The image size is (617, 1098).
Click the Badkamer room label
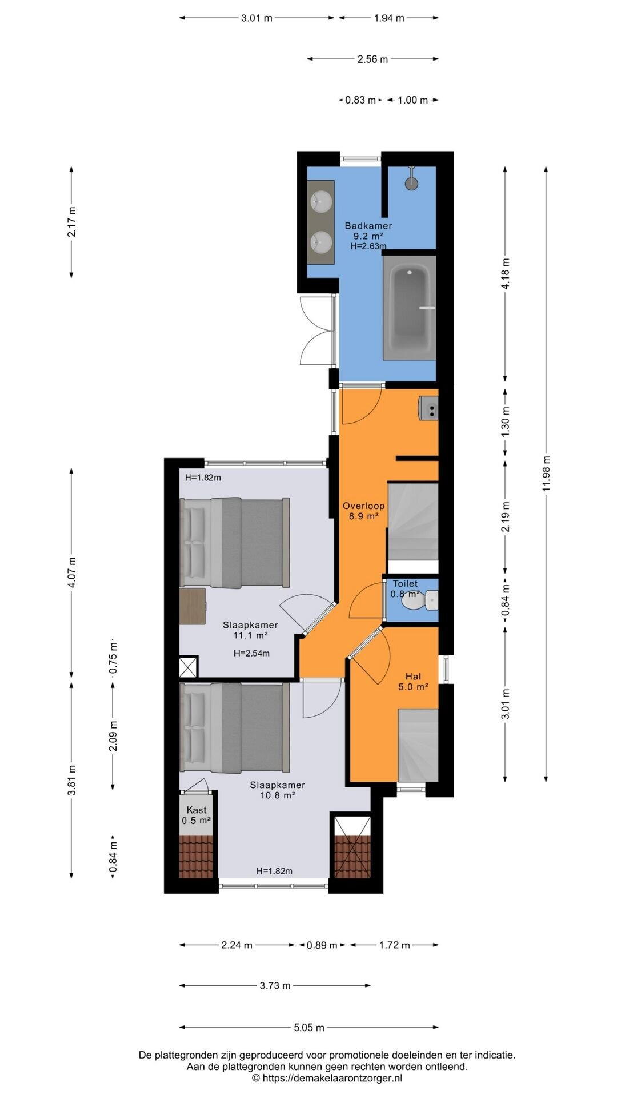click(368, 226)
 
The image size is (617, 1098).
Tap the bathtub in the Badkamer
click(410, 307)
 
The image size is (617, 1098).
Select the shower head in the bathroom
click(411, 179)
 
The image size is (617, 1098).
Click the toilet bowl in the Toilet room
click(412, 601)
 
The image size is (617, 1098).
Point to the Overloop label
click(363, 506)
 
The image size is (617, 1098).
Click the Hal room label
click(413, 677)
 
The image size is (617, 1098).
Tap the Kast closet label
click(197, 810)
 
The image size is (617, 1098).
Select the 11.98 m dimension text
click(547, 473)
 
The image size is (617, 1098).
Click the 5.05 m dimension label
click(309, 1028)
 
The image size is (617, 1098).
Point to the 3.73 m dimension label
click(275, 985)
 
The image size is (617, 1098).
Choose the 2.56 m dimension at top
click(372, 59)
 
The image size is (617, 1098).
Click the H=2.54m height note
click(251, 653)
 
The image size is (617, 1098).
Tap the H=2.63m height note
click(368, 246)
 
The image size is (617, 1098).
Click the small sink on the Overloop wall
click(429, 408)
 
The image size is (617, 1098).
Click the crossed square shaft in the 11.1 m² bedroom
click(189, 667)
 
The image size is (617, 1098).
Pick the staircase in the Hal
click(418, 745)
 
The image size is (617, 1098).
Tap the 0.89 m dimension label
click(322, 945)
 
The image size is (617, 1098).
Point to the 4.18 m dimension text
click(506, 274)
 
